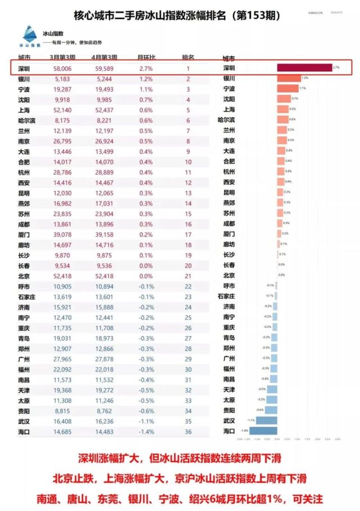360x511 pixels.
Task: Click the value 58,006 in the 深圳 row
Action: coord(63,68)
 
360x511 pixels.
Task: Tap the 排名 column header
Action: coord(188,57)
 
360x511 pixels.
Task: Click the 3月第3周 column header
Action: coord(63,57)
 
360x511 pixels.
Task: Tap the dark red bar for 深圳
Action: coord(304,67)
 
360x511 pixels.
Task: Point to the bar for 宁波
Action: coord(288,88)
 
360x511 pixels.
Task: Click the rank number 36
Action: coord(188,431)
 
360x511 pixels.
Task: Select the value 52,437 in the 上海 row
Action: coord(104,110)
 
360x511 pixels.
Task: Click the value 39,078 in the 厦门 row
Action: coord(63,234)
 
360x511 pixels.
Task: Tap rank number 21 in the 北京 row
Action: coord(188,276)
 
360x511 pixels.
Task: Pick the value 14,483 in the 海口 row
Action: coord(104,431)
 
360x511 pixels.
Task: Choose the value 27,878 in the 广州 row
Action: coord(104,358)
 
